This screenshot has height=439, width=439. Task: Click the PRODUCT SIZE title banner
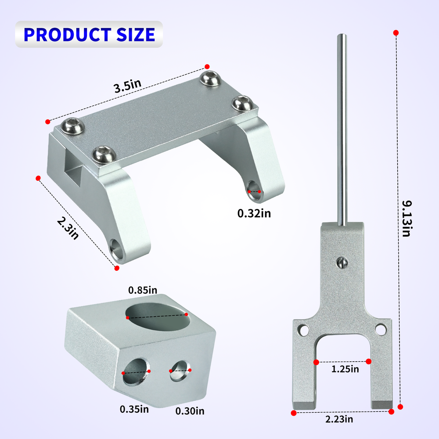(x=89, y=34)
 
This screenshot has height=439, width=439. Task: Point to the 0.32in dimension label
(x=254, y=213)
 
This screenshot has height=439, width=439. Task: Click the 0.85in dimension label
(x=143, y=290)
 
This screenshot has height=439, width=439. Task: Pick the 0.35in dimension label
(x=134, y=409)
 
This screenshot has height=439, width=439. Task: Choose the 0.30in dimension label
(x=190, y=411)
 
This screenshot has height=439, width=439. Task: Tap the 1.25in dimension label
(x=345, y=369)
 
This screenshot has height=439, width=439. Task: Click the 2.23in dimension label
(x=339, y=419)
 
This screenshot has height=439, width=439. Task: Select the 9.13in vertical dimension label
(x=406, y=219)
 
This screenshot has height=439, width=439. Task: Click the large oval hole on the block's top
(x=158, y=317)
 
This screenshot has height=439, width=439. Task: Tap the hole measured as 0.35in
(x=136, y=371)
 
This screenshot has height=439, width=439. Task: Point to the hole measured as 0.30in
(x=180, y=371)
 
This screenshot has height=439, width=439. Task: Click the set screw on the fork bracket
(x=342, y=262)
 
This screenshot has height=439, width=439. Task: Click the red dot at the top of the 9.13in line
(x=396, y=33)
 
